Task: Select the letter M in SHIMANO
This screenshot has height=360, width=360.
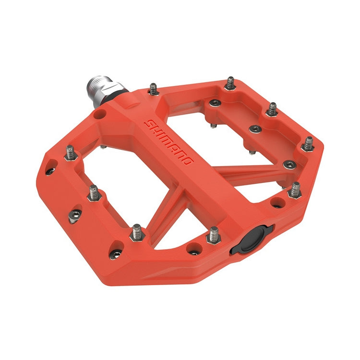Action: click(x=168, y=140)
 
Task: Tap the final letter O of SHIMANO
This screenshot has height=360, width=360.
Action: click(x=188, y=161)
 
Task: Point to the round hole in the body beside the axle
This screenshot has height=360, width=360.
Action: click(x=99, y=115)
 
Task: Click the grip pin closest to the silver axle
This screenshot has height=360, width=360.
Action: click(x=153, y=88)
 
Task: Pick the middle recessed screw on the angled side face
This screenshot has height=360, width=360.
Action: click(x=74, y=215)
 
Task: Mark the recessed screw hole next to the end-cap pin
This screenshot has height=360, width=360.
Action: click(x=194, y=248)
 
